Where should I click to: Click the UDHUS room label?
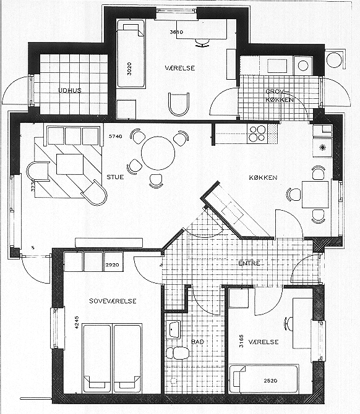[69, 91]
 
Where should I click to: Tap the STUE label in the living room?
[115, 177]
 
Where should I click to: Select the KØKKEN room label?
[263, 178]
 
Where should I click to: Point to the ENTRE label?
[249, 263]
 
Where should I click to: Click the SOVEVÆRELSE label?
[113, 301]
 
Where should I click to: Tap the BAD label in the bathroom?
[197, 342]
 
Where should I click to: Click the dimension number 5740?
[116, 136]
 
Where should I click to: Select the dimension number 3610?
[176, 32]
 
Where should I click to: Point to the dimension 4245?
[77, 322]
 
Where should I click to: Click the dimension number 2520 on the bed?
[270, 381]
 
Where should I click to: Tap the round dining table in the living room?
[158, 153]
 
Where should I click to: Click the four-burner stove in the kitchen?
[257, 133]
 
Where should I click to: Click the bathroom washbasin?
[173, 330]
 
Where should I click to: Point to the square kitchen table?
[315, 194]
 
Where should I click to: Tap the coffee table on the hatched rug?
[70, 164]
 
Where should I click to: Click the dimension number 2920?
[112, 264]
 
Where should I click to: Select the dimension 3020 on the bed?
[129, 69]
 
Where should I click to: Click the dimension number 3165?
[241, 341]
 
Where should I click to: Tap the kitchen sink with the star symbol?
[322, 147]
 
